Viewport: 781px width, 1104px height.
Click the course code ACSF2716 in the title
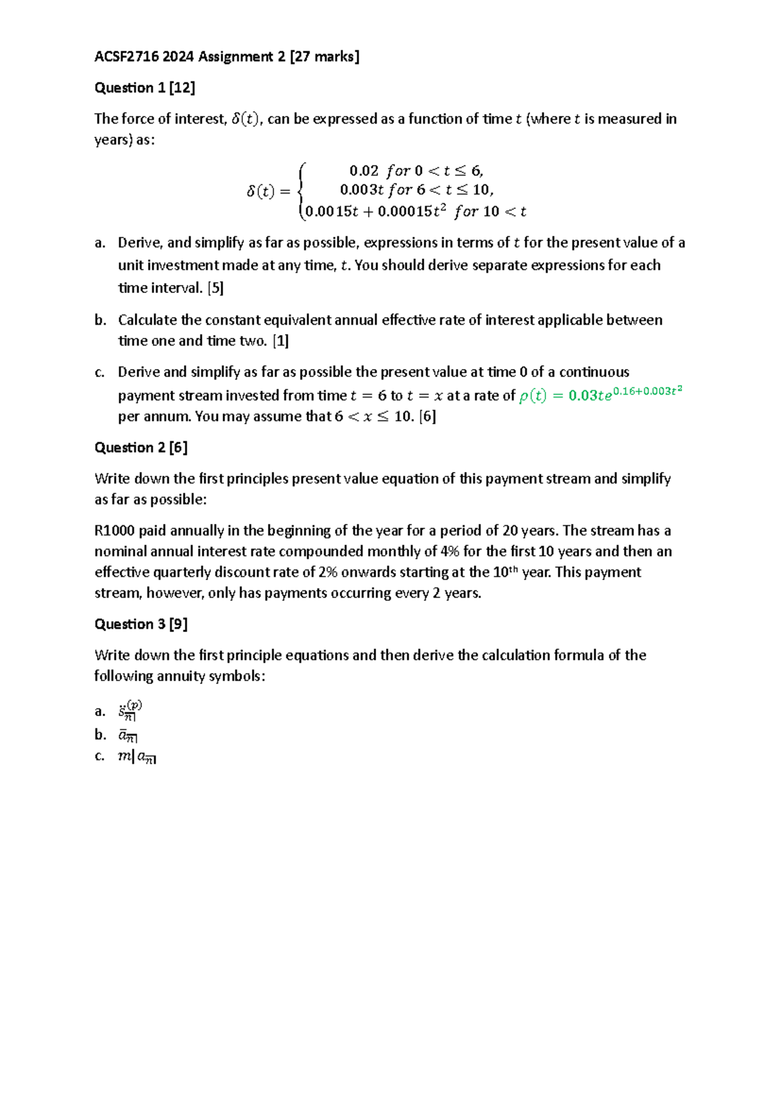[x=126, y=57]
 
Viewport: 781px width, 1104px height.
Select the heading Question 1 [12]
[x=144, y=88]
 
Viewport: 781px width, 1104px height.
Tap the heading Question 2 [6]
[x=141, y=447]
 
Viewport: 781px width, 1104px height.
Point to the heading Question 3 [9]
[x=141, y=624]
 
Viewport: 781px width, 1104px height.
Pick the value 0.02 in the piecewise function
[x=364, y=171]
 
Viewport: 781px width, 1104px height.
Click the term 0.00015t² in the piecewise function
[x=412, y=211]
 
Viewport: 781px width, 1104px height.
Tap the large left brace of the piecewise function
[x=300, y=190]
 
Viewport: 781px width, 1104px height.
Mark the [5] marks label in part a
[x=215, y=288]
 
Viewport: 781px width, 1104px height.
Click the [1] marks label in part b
[x=281, y=341]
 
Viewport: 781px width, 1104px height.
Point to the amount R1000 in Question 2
[x=115, y=531]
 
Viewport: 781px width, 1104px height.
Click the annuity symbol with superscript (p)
[x=130, y=710]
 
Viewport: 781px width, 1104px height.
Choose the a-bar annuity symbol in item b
[x=128, y=736]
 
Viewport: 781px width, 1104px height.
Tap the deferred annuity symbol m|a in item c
[x=137, y=756]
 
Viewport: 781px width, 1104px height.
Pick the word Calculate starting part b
[x=147, y=320]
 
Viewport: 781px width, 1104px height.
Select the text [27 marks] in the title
[x=325, y=57]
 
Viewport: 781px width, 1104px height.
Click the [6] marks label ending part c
[x=428, y=417]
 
